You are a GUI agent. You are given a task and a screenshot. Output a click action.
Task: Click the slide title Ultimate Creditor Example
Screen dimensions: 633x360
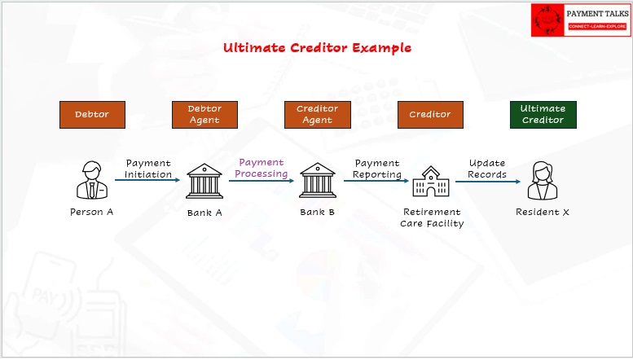coord(317,47)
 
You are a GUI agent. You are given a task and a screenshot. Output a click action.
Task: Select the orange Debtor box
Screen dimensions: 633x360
coord(92,115)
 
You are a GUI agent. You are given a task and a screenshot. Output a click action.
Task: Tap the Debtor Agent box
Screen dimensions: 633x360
coord(204,115)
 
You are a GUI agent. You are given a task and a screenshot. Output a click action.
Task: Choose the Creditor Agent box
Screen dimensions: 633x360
coord(318,115)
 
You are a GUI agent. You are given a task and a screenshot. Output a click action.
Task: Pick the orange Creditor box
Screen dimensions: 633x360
coord(430,115)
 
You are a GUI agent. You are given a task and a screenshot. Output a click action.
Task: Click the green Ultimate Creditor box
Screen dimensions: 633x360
coord(543,115)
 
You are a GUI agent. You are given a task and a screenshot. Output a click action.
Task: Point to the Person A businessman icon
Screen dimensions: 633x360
coord(92,180)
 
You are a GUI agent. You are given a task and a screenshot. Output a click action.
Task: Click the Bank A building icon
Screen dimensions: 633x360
coord(204,181)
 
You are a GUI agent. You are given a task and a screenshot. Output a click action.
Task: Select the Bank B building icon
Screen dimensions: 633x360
coord(317,180)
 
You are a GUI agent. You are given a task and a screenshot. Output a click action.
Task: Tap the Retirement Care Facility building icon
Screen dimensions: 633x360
coord(431,182)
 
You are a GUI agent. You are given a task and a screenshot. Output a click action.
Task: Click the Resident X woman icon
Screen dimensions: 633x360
coord(543,180)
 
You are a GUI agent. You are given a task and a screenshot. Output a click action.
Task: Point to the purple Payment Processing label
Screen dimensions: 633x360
coord(262,168)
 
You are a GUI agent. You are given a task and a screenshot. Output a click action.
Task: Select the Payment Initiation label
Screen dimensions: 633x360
coord(148,169)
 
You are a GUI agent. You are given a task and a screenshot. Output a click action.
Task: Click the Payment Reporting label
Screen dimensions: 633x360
coord(377,169)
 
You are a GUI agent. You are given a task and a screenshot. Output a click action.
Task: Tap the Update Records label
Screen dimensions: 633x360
coord(487,169)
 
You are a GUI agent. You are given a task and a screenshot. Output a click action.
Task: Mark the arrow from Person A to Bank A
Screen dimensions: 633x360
coord(147,180)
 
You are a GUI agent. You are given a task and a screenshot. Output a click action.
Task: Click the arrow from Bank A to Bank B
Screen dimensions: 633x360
coord(262,181)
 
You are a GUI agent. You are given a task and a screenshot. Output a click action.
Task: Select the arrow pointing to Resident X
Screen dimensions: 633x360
coord(488,182)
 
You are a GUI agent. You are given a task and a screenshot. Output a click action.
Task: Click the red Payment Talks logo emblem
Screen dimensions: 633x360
coord(547,20)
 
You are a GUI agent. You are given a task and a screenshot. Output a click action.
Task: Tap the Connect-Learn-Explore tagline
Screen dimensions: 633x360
coord(597,26)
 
